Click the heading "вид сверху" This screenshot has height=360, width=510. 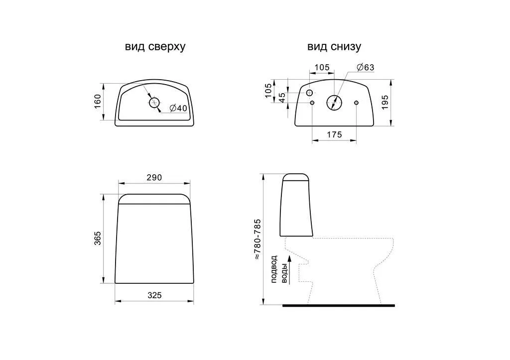[155, 47]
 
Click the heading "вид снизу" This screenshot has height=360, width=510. [334, 47]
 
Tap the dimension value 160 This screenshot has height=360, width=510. [98, 102]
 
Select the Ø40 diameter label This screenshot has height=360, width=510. [179, 108]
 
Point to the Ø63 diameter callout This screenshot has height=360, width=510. [365, 67]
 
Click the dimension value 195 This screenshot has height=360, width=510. [385, 102]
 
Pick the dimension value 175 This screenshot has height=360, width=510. [334, 134]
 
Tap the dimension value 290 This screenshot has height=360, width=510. [154, 178]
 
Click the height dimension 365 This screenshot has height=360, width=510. [98, 238]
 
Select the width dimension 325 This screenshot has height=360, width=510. [154, 295]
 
